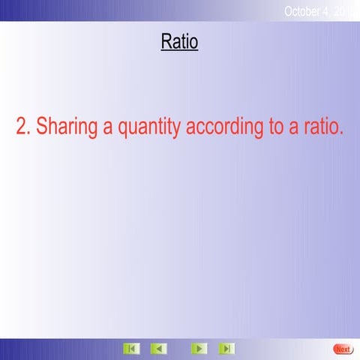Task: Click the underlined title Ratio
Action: (179, 42)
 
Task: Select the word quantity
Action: (150, 127)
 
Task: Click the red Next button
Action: (342, 349)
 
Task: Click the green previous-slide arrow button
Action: (158, 349)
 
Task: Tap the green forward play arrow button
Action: (198, 349)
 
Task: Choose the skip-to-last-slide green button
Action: (226, 349)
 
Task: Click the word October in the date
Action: (306, 10)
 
